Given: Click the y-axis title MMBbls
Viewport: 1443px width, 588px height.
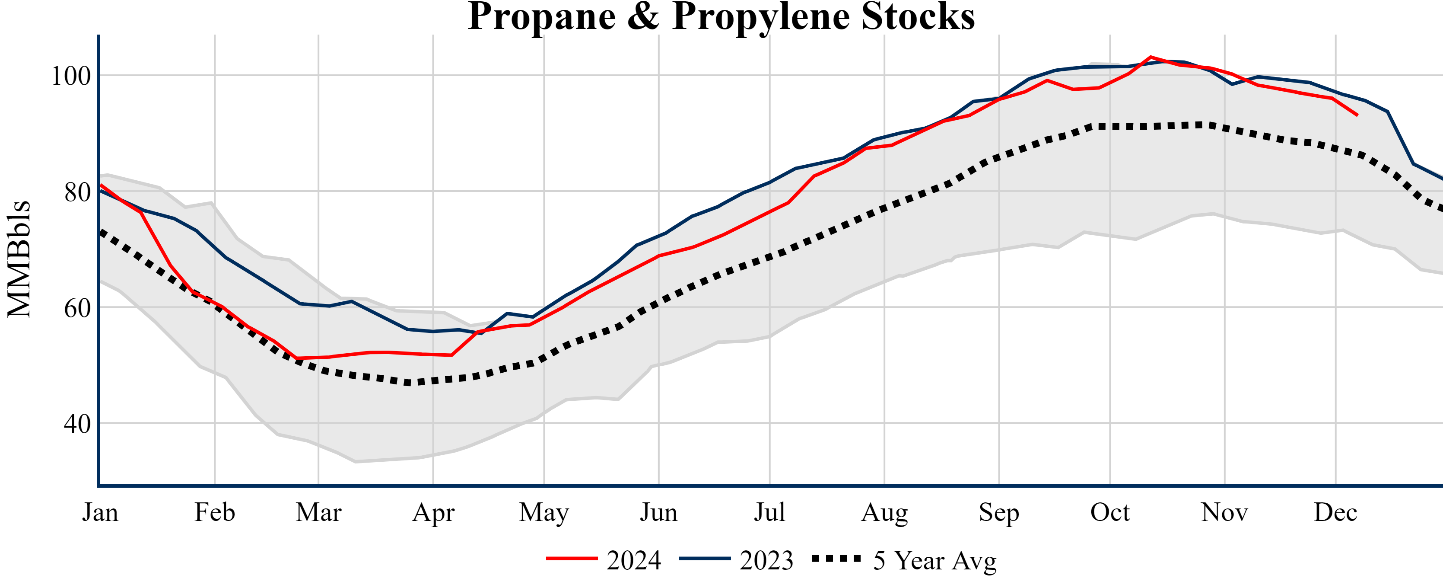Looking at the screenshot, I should [x=19, y=259].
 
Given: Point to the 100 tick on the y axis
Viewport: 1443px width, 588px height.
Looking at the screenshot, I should [x=71, y=76].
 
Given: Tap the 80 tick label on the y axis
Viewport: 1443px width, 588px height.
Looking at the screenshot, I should [x=77, y=192].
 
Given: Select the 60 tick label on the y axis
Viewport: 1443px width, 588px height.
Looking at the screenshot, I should [x=77, y=308].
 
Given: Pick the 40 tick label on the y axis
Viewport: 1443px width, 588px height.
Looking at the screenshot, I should [x=77, y=424].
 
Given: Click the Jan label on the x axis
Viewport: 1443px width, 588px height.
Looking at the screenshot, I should [x=100, y=512].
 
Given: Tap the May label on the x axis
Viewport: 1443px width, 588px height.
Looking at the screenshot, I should [x=544, y=512].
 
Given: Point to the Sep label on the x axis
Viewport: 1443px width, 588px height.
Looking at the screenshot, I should [x=998, y=512].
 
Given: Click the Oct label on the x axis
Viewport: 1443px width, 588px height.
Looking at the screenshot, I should [x=1110, y=512].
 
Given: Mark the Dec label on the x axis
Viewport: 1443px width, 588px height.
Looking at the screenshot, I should [x=1335, y=512].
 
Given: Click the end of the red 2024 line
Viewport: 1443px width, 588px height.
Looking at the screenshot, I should [x=1357, y=115].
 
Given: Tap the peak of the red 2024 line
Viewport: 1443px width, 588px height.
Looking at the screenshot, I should [x=1150, y=57].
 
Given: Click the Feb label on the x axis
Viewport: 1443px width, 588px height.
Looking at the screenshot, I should [x=215, y=512].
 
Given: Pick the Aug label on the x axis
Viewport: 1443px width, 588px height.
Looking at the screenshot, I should [x=884, y=512].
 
